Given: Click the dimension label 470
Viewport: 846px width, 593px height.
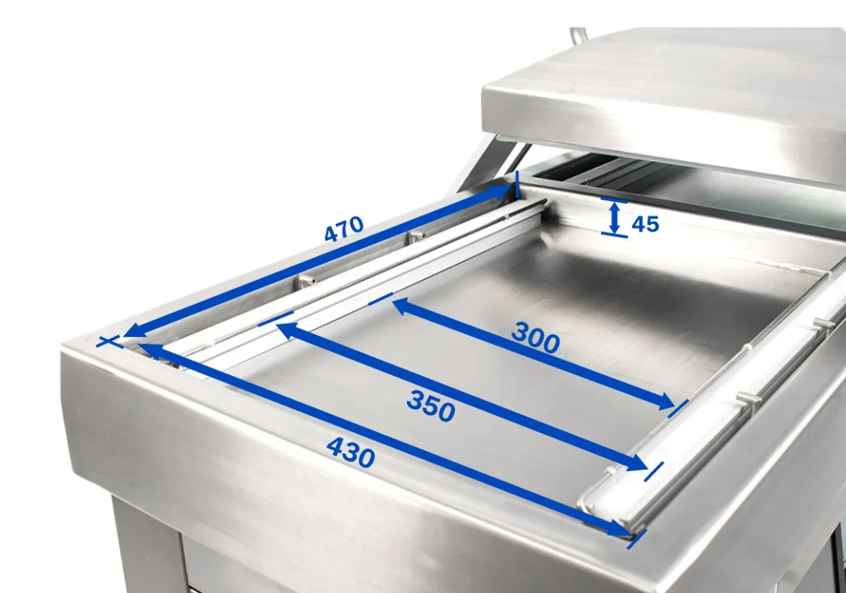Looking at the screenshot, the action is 344,228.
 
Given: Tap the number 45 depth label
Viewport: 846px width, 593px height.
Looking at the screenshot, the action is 646,223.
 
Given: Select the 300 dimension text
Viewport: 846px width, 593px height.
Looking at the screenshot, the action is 535,338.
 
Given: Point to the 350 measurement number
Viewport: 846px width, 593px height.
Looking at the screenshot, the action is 430,405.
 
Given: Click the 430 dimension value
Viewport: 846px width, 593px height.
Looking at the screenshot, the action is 351,452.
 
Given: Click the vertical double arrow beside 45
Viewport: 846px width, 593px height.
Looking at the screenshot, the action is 615,218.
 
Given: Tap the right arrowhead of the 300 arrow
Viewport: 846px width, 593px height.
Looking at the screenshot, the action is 665,402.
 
